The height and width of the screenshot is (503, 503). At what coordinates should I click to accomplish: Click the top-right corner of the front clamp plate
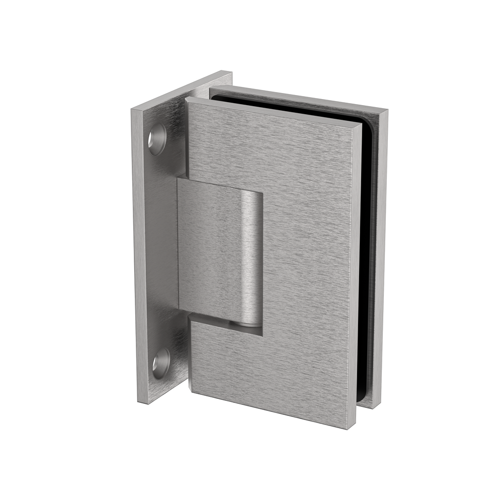[360, 124]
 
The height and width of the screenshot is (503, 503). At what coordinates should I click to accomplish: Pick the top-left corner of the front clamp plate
[187, 99]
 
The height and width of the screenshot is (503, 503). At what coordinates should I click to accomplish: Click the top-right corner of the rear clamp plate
[387, 111]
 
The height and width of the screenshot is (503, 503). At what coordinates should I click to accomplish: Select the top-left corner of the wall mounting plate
[132, 109]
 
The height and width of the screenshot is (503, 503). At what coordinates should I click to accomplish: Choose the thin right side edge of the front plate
[355, 277]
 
